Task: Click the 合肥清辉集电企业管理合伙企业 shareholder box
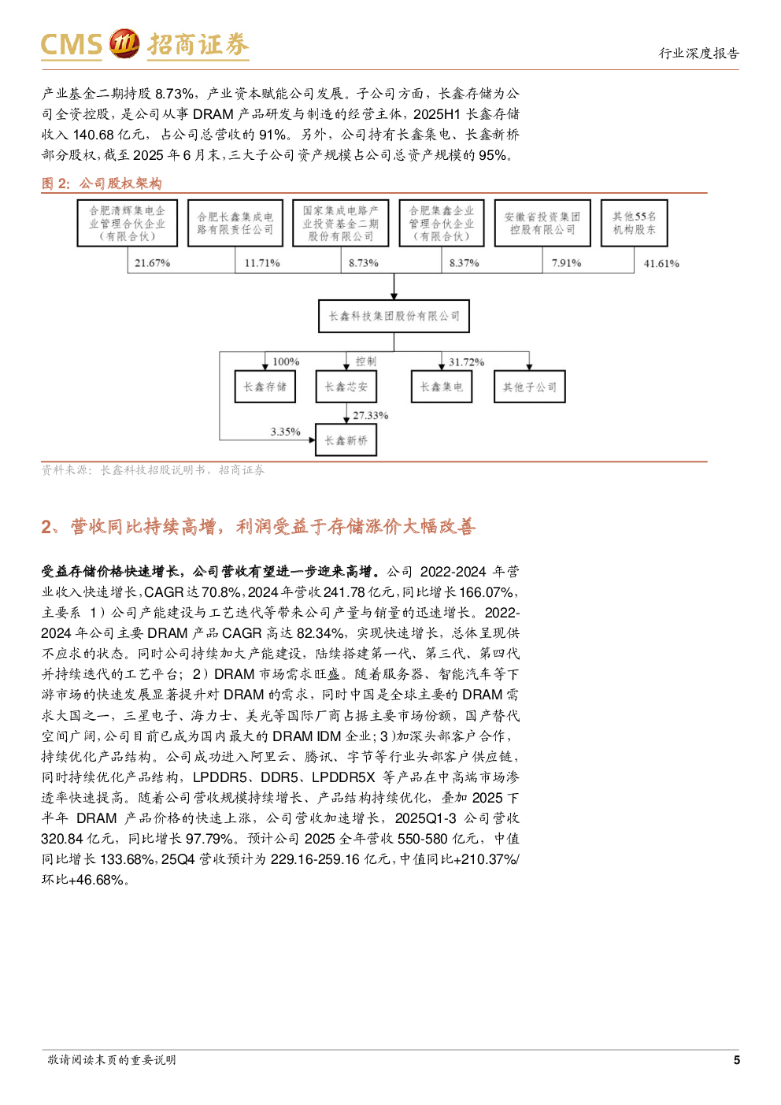coord(128,223)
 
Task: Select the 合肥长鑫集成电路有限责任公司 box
coord(235,223)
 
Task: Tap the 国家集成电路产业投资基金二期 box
coord(340,223)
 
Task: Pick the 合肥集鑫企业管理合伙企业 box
coord(441,223)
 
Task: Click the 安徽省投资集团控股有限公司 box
coord(542,223)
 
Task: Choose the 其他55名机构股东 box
coord(634,223)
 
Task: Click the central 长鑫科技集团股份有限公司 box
coord(394,316)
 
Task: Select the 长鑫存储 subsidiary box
coord(265,387)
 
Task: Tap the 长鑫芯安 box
coord(346,387)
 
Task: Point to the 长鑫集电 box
coord(441,387)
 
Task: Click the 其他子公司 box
coord(529,387)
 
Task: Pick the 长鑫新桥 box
coord(346,440)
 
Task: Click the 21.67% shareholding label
coord(152,263)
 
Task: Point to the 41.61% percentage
coord(661,264)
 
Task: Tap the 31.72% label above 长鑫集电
coord(466,362)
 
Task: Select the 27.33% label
coord(370,416)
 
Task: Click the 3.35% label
coord(285,432)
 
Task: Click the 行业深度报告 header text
coord(698,54)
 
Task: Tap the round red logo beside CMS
coord(124,44)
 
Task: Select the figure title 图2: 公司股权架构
coord(102,184)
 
